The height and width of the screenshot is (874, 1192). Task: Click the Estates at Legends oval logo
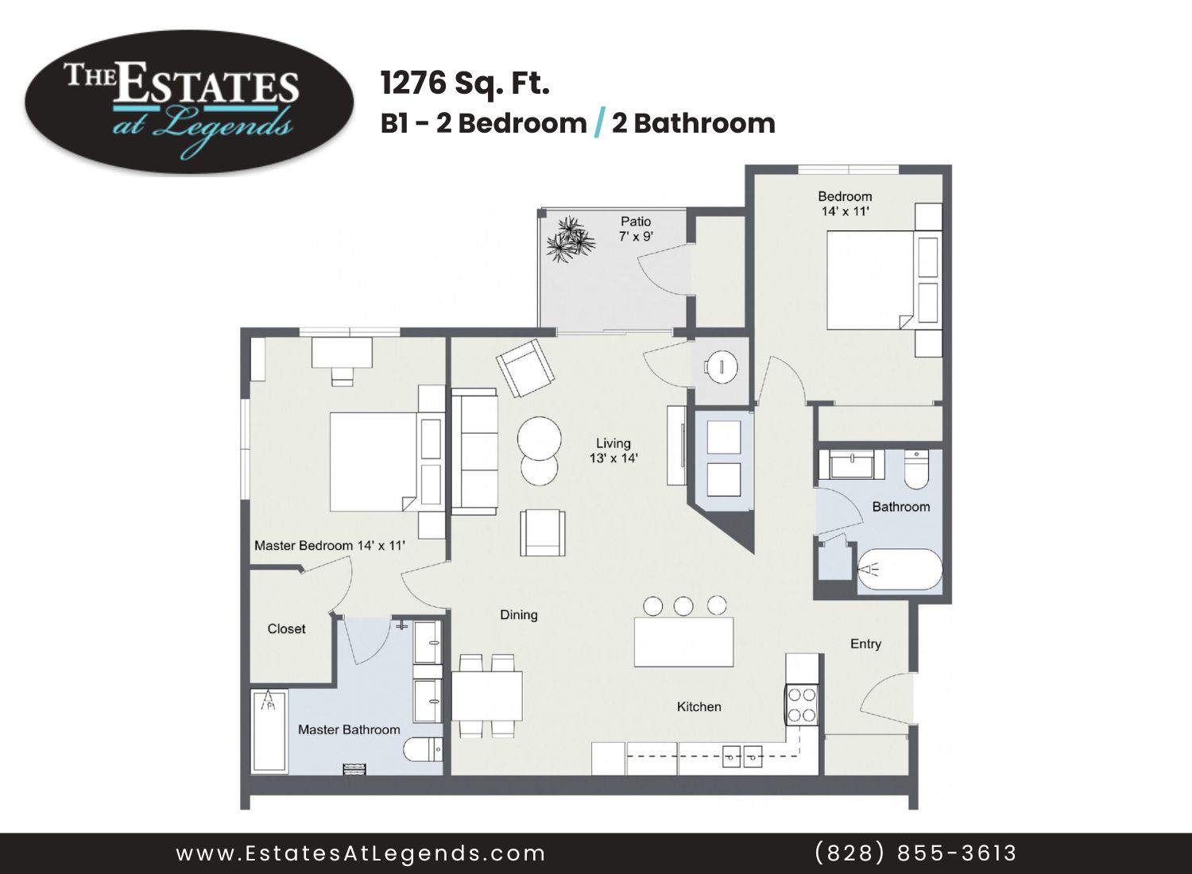point(189,102)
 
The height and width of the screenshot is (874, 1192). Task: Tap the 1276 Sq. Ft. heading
point(465,83)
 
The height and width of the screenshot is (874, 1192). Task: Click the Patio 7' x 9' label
point(636,229)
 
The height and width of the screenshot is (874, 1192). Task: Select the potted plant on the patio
point(571,239)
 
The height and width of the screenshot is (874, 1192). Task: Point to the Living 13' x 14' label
point(613,451)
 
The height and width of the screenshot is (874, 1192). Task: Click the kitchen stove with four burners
point(801,705)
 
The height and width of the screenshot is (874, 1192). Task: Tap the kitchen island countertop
point(683,641)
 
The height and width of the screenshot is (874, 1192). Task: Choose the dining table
point(487,696)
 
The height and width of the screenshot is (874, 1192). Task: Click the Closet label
point(286,628)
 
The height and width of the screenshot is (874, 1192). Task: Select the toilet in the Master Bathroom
point(423,750)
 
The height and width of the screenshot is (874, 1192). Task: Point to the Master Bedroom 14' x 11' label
point(330,545)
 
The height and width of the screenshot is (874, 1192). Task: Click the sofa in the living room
point(474,451)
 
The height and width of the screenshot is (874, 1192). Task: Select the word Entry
point(866,644)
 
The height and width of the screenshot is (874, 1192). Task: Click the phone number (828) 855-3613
point(915,853)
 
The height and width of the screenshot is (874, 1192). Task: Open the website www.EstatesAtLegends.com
point(361,854)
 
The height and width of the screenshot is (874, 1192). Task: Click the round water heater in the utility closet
point(721,366)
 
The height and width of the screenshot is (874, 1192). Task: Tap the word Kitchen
point(699,706)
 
